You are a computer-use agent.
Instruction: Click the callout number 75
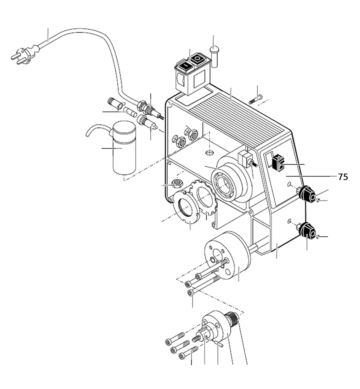(x=343, y=177)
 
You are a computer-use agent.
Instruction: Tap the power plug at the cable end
(x=25, y=55)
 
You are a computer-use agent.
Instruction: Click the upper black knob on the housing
(x=307, y=194)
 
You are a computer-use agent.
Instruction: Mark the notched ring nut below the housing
(x=187, y=211)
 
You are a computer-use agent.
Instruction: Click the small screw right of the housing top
(x=256, y=99)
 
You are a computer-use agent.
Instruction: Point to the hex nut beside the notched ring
(x=176, y=183)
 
